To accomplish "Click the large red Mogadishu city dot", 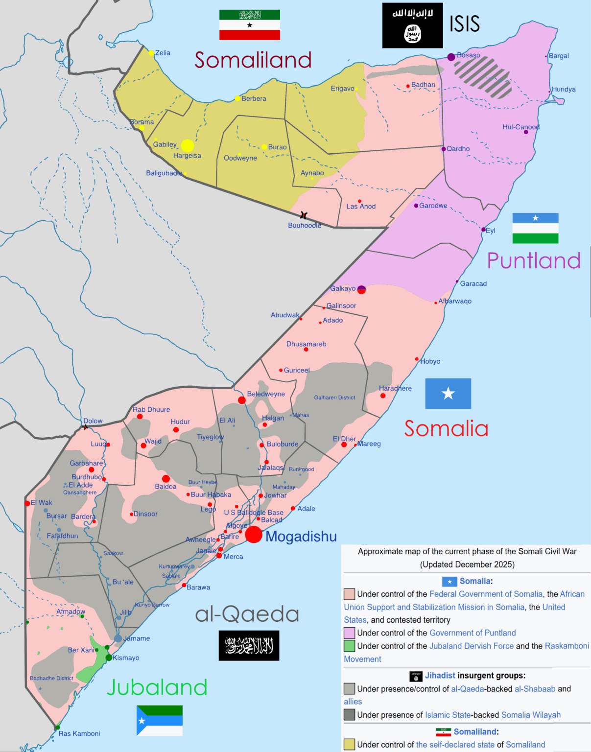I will pos(253,535).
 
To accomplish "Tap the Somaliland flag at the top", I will pos(250,25).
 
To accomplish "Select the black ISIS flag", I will pos(412,25).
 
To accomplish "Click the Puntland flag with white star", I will pos(535,228).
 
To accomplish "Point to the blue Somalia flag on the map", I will pos(448,394).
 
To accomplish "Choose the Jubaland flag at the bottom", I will pos(160,720).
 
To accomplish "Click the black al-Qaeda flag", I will pos(249,646).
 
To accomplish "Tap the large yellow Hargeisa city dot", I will pos(188,145).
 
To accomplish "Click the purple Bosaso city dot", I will pos(451,57).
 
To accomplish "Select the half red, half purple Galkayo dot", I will pos(361,289).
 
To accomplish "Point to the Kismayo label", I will pos(126,658).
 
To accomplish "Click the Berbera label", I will pos(254,98).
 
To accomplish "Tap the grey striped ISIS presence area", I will pos(482,76).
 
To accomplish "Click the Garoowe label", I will pos(433,206).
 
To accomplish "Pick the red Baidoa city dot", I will pos(166,479).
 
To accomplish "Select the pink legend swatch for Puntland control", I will pos(349,633).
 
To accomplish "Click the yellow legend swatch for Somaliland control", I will pos(349,745).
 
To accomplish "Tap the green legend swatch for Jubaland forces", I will pos(349,646).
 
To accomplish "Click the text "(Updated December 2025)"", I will pos(467,564).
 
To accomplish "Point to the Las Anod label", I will pos(361,207).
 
